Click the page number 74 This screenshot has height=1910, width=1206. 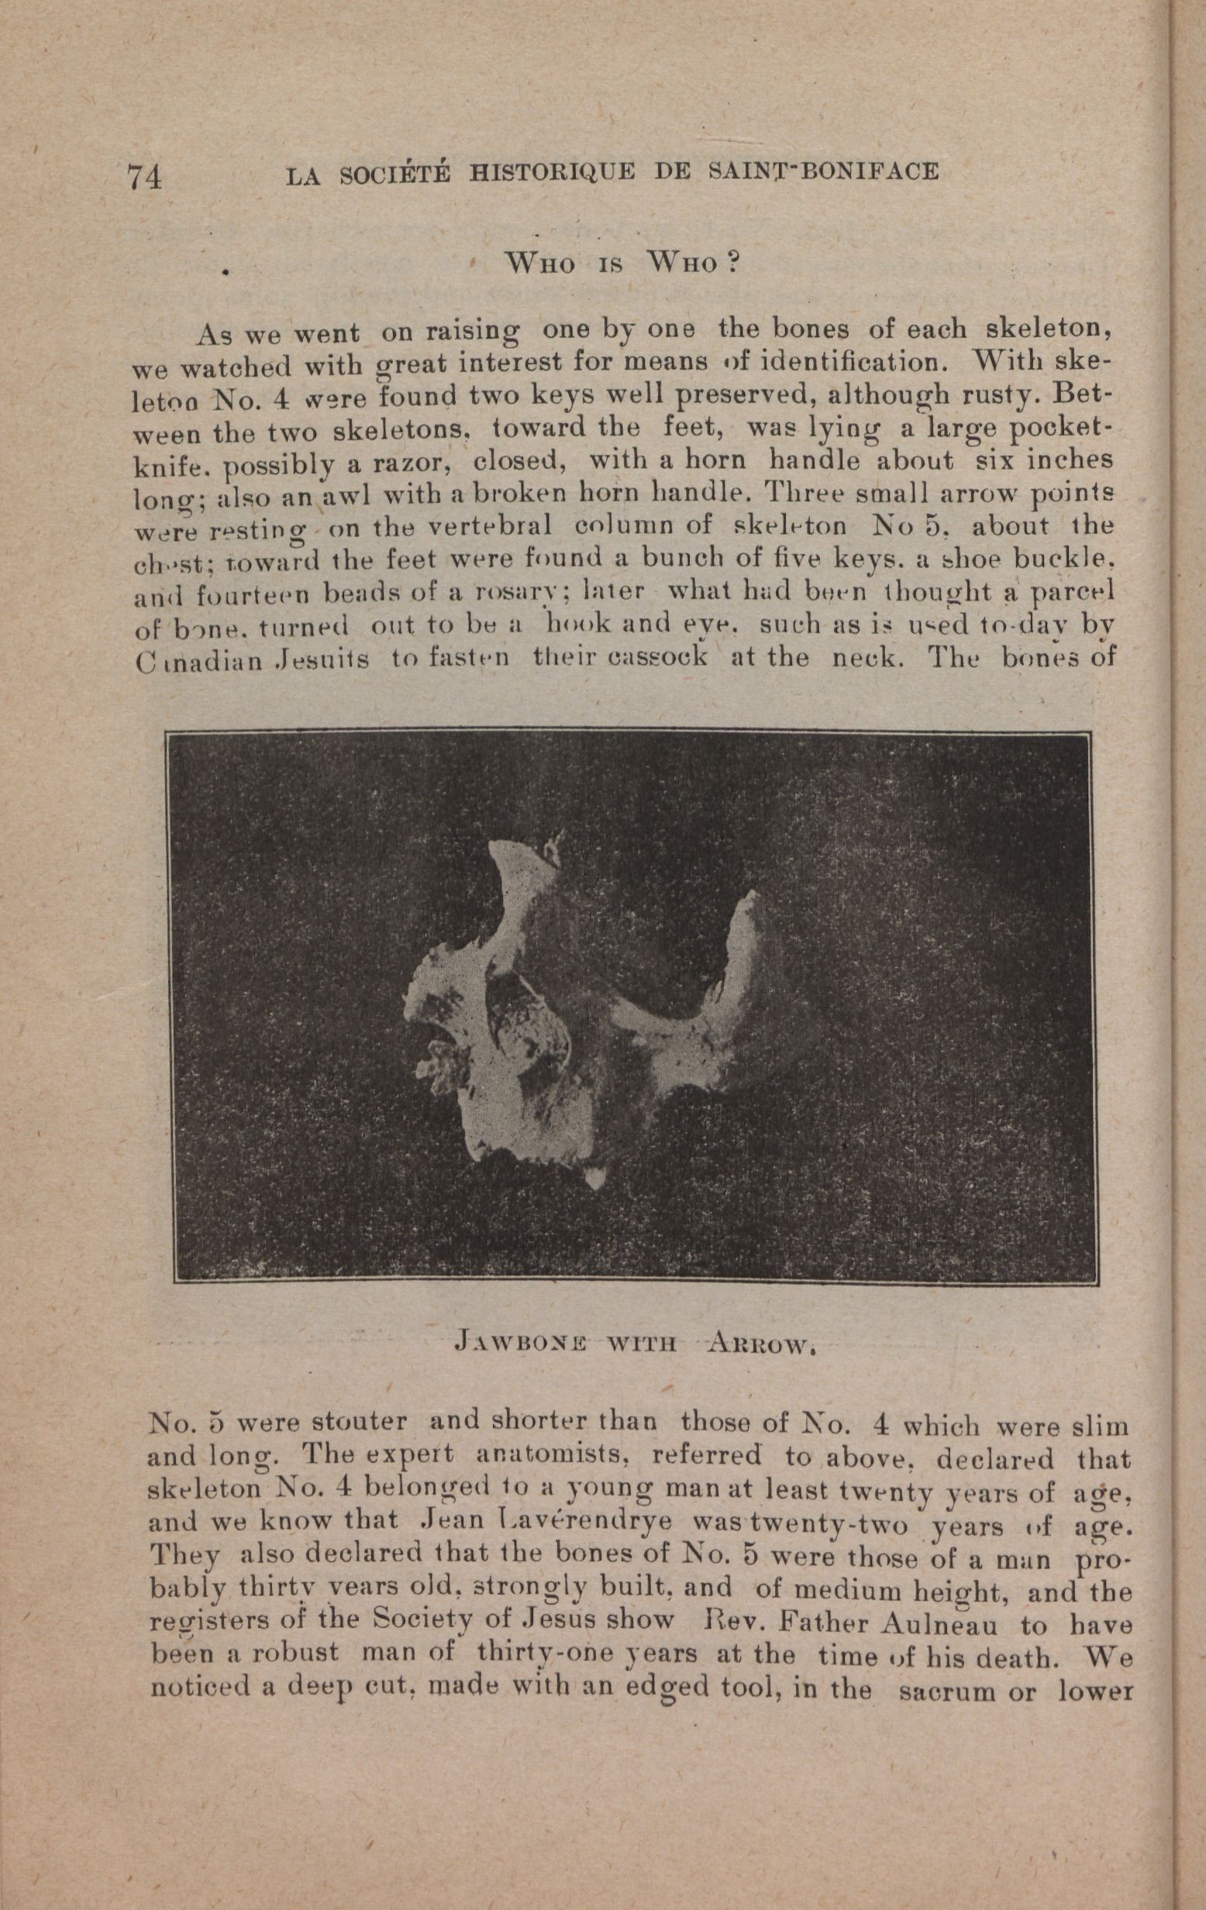pos(145,175)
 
